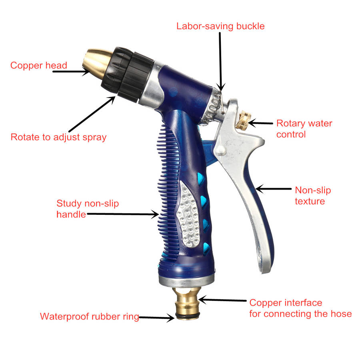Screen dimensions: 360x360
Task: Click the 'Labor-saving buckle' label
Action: tap(220, 26)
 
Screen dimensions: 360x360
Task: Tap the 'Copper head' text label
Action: tap(38, 66)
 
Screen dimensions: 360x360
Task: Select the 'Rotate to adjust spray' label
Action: tap(58, 137)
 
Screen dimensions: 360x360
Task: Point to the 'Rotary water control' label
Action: tap(304, 129)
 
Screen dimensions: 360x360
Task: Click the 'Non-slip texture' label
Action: tap(313, 196)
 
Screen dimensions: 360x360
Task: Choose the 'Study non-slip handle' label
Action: tap(88, 209)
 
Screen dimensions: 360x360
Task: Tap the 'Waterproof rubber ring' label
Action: tap(90, 317)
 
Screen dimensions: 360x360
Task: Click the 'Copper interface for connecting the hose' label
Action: tap(300, 308)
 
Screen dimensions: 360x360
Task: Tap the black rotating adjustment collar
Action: tap(128, 74)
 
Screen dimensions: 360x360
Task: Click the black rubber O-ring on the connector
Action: tap(187, 317)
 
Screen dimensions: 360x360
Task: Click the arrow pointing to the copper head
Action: tap(71, 72)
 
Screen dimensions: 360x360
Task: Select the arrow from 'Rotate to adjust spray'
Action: tap(92, 114)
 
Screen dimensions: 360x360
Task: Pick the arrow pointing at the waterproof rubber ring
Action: tap(156, 318)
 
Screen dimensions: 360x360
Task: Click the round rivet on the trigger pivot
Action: tap(221, 151)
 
